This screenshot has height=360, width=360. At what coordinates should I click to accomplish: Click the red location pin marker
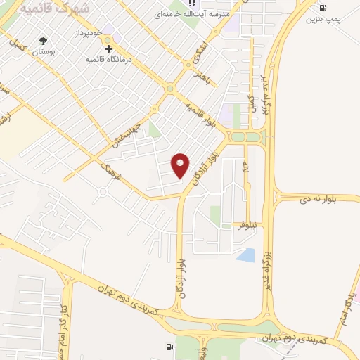(181, 165)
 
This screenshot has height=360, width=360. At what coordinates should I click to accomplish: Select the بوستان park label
(47, 51)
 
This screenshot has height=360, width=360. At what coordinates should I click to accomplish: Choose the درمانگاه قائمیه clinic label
(110, 60)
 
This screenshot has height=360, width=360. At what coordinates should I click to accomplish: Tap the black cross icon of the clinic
(108, 49)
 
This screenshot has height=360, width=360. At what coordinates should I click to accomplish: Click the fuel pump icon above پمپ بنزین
(323, 8)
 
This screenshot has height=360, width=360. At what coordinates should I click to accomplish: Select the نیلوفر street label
(247, 225)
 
